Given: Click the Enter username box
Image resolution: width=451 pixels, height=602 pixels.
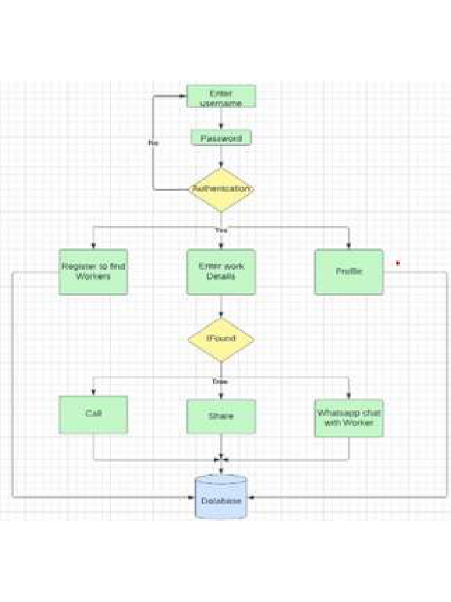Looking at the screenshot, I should [221, 96].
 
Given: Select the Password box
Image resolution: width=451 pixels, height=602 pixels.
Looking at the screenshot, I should [221, 138].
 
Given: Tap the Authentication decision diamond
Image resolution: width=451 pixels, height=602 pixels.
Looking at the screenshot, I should [221, 189].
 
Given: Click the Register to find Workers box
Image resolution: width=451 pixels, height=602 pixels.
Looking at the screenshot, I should [93, 272].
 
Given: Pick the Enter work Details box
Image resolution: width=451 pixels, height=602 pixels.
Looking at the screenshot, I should [221, 272].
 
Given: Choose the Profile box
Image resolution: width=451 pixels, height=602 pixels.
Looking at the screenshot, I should [349, 272].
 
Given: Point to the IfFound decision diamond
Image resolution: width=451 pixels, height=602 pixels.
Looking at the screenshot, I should [221, 339].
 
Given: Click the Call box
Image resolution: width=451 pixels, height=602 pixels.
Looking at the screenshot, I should [93, 414].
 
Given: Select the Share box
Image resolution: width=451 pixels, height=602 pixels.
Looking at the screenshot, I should [221, 416].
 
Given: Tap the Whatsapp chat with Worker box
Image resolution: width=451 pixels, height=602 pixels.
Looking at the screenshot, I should [349, 417].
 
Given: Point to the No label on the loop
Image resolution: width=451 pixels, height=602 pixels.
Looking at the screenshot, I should [153, 143].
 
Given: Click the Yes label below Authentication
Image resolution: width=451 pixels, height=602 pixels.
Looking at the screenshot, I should [221, 230].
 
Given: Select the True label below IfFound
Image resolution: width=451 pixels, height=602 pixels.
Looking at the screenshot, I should [221, 382].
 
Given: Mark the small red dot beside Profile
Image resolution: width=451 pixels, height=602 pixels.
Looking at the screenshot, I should [398, 263].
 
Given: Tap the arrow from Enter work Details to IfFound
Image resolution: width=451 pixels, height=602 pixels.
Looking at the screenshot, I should [221, 307].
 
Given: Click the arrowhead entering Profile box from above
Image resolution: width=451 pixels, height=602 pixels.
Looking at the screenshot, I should [349, 246].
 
